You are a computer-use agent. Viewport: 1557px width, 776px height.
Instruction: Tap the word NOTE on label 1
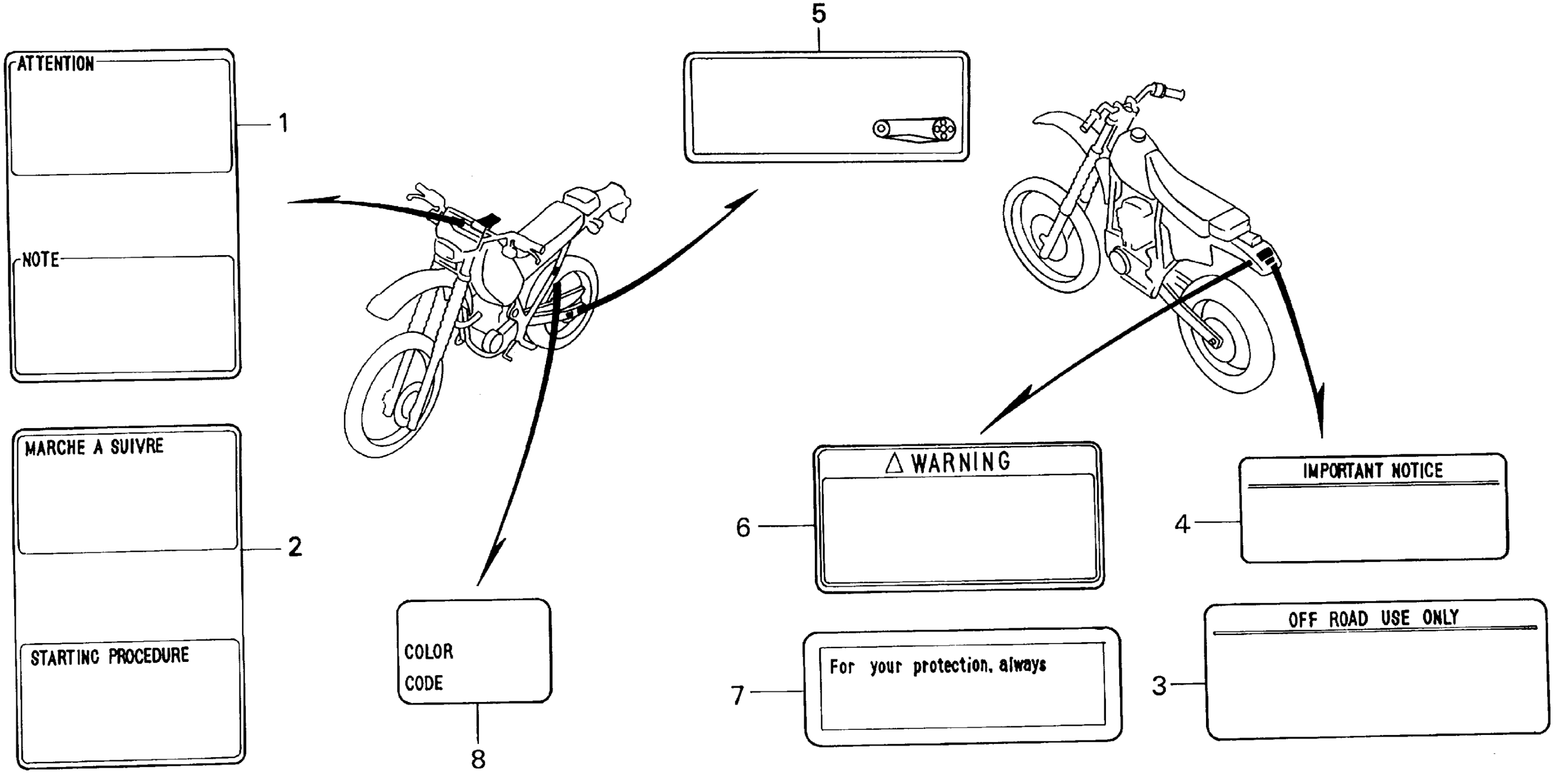pos(41,260)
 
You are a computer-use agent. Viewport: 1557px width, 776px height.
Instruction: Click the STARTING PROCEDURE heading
pos(110,656)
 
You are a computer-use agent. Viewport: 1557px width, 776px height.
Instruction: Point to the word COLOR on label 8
pos(429,651)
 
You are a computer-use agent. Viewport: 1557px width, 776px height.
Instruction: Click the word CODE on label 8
pos(424,683)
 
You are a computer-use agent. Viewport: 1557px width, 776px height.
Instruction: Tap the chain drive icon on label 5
pos(914,129)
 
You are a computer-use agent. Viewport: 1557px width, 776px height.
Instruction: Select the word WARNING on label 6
pos(960,462)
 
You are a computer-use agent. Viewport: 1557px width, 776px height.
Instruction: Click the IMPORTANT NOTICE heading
pos(1372,471)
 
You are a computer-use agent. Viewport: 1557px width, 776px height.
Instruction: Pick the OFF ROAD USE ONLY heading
pos(1373,618)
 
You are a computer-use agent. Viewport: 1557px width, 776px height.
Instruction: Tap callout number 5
pos(818,14)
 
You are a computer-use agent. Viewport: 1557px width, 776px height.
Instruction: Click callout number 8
pos(478,759)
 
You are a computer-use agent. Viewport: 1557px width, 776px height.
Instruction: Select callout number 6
pos(743,528)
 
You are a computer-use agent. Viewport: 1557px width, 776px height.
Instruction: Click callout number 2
pos(294,547)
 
